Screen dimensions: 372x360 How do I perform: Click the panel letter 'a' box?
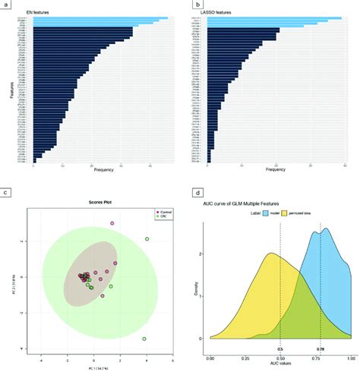pyautogui.click(x=6, y=5)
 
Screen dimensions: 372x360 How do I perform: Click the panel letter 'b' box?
pyautogui.click(x=186, y=5)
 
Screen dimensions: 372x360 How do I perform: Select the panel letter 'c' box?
pyautogui.click(x=6, y=194)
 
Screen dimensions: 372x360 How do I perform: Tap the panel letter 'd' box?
pyautogui.click(x=186, y=194)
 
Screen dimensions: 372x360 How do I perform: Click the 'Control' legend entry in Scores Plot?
pyautogui.click(x=163, y=212)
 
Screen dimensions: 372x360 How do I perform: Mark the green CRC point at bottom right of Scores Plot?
pyautogui.click(x=144, y=339)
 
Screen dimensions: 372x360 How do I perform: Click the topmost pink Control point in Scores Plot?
pyautogui.click(x=112, y=223)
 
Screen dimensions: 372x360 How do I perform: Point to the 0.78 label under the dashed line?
pyautogui.click(x=320, y=351)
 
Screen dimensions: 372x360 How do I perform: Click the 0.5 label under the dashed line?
pyautogui.click(x=280, y=351)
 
